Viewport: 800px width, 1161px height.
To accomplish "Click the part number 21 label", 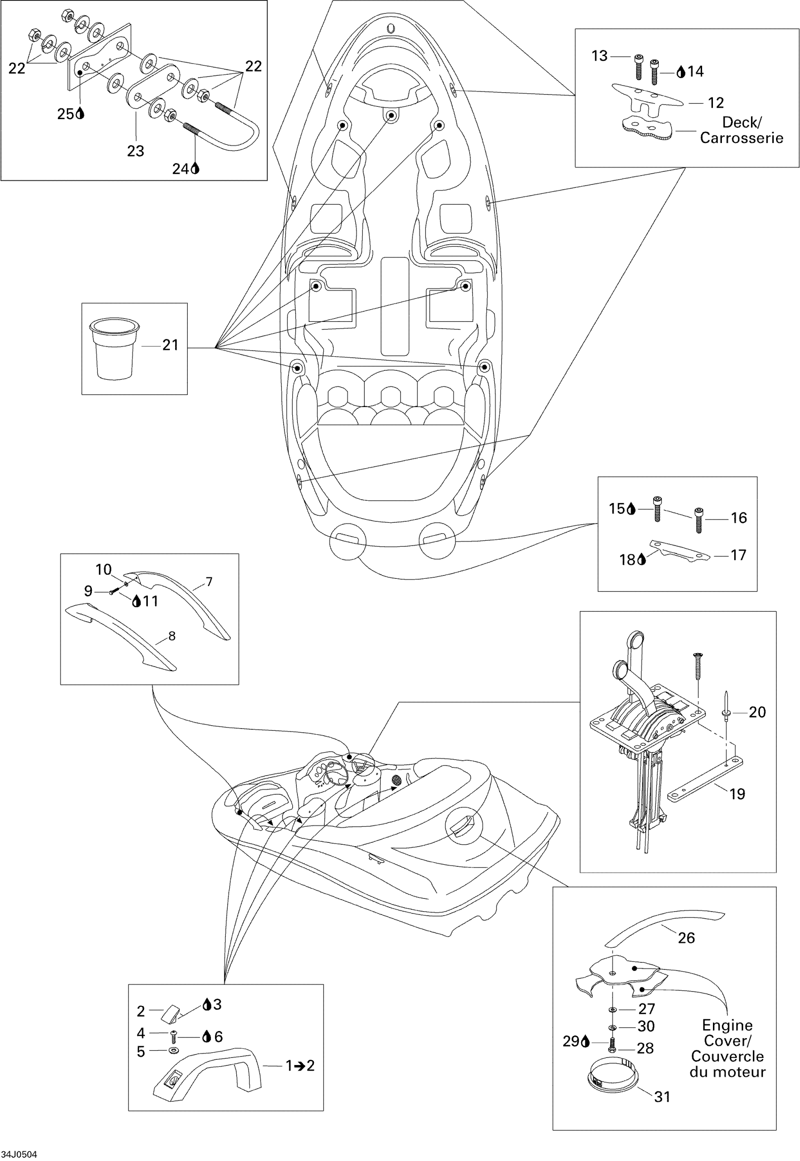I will [170, 345].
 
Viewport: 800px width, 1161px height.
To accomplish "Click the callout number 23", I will [136, 151].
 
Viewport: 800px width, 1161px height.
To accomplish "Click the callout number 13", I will [600, 56].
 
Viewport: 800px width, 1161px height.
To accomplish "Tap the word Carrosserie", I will [741, 138].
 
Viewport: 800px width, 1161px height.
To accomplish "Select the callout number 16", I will [739, 518].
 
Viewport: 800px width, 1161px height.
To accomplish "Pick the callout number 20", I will [757, 712].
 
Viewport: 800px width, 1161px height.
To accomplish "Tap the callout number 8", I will [172, 636].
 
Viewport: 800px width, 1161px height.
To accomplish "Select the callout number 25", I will [66, 114].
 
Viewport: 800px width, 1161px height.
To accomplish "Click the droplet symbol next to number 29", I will [584, 1041].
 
